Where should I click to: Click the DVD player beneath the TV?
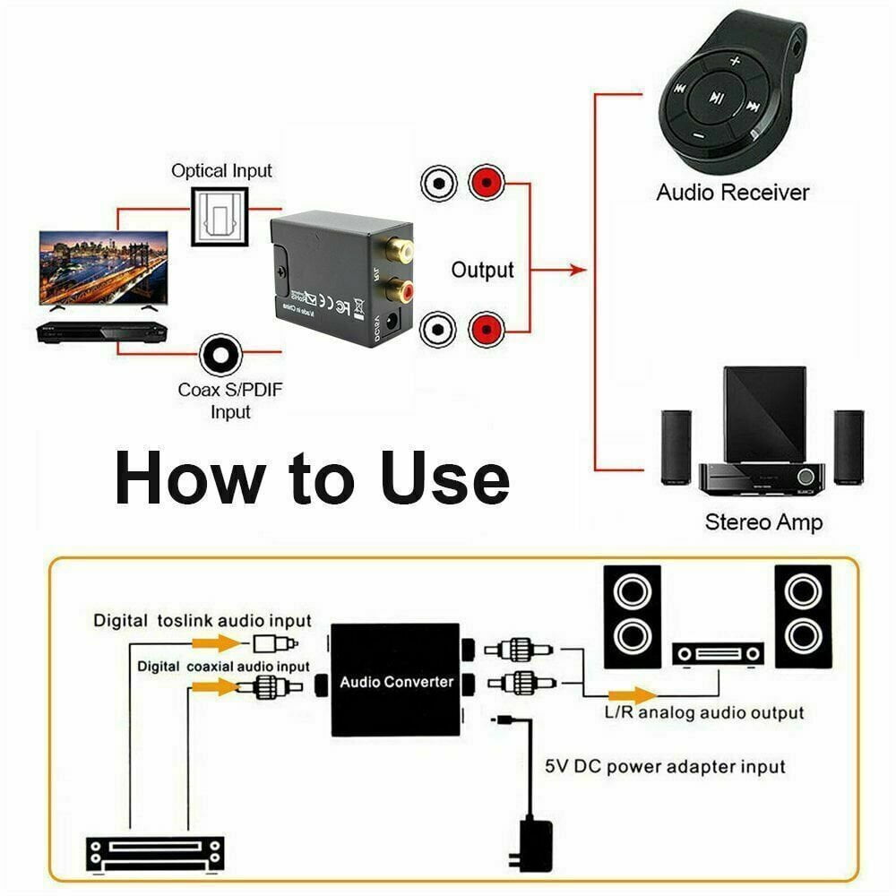[101, 332]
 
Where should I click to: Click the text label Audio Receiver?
[732, 192]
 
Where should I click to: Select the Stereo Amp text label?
[763, 521]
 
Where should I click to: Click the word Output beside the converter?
[482, 270]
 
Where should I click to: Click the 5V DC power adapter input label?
[665, 766]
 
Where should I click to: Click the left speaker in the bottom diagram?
[632, 616]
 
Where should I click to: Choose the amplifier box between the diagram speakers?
[718, 654]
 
